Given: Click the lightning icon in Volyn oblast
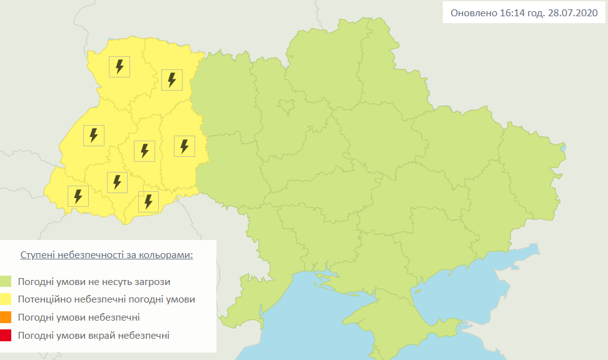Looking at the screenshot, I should [x=119, y=66].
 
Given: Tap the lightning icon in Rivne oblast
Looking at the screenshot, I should [x=171, y=79].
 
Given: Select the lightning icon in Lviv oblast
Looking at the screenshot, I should [x=94, y=135].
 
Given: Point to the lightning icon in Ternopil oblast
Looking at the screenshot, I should [x=144, y=151].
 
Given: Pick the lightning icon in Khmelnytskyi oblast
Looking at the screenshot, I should [x=184, y=146].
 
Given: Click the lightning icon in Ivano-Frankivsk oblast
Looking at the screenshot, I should [x=117, y=182].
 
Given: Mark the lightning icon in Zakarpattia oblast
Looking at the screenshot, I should [x=78, y=196].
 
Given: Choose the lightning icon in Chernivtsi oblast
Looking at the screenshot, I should [x=148, y=201].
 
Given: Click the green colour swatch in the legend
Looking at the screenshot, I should [x=6, y=282].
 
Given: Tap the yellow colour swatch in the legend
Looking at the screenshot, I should [x=6, y=300].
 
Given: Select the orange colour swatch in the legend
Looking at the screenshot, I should [x=6, y=317].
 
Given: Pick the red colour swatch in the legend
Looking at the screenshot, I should [x=6, y=336].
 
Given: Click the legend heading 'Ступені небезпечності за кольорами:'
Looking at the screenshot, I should [x=106, y=256].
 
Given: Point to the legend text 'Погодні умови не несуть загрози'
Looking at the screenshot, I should [x=94, y=282].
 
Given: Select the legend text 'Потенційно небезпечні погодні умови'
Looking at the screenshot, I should [x=106, y=299].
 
